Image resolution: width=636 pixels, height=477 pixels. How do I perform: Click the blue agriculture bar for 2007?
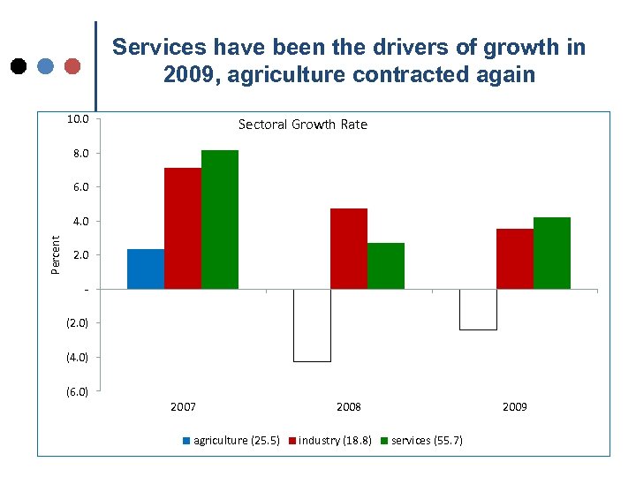coord(146,269)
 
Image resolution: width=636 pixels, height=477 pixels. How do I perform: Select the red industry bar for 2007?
coord(183,228)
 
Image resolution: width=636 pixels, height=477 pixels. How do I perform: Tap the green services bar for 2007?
coord(220,219)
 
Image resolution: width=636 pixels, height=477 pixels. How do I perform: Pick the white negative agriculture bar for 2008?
coord(312,325)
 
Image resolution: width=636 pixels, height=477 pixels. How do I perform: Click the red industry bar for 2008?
coord(349,248)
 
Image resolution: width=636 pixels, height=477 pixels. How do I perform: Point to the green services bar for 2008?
coord(386,265)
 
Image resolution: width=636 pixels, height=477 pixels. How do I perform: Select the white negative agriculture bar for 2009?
coord(478,309)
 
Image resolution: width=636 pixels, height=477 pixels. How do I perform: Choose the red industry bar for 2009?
coord(515,258)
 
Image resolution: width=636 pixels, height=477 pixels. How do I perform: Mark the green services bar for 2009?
coord(552,253)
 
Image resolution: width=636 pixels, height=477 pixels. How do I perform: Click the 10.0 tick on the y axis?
coord(78,119)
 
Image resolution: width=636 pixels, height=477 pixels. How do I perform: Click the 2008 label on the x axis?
coord(349,407)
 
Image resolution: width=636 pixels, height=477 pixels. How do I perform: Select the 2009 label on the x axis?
coord(515,407)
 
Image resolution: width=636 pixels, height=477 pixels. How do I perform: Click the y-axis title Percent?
coord(56,254)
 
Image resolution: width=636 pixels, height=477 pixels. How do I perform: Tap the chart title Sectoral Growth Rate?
coord(303,125)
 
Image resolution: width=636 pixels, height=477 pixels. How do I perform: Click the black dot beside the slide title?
coord(19,65)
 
